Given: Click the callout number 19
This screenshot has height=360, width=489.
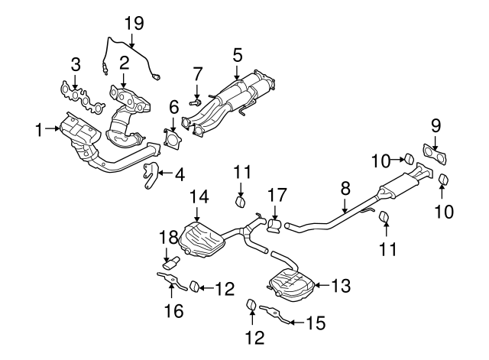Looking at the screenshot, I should [134, 23].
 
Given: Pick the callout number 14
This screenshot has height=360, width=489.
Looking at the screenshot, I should [199, 196].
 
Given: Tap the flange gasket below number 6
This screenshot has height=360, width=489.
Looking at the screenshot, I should [173, 142].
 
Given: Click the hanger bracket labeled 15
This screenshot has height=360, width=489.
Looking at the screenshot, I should [277, 313].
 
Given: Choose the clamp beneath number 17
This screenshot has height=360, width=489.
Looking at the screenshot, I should [274, 224].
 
